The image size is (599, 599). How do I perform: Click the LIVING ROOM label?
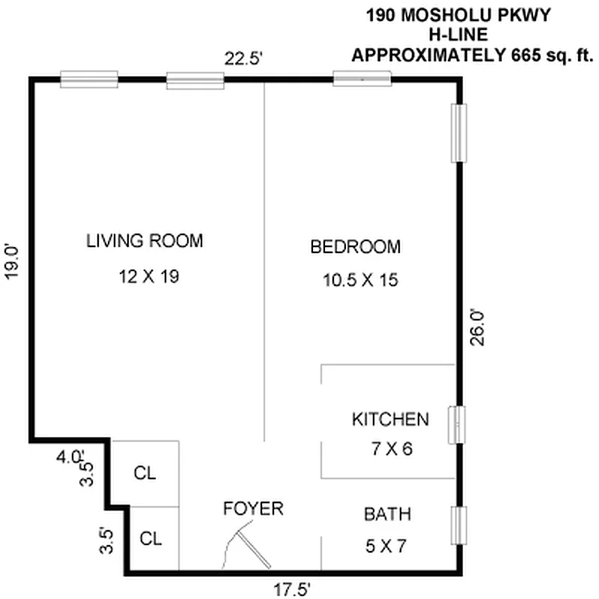145,241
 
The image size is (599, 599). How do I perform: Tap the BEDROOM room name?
356,246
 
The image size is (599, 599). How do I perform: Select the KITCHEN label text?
390,419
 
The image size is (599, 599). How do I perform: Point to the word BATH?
387,514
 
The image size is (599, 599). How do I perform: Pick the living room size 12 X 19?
148,276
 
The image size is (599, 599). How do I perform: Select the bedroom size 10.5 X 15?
359,281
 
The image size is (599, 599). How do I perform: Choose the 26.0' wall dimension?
478,326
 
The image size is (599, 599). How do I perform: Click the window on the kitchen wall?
457,426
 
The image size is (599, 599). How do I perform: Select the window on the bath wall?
458,526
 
